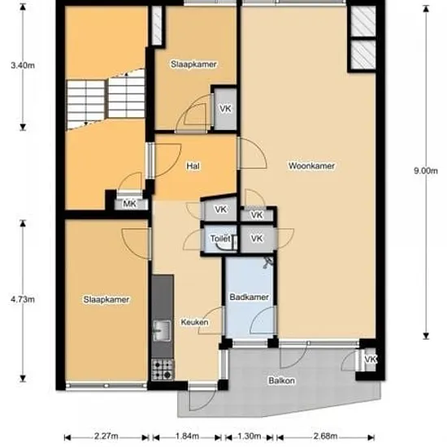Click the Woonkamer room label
[x=311, y=166]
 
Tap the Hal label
[x=193, y=166]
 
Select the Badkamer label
[x=250, y=297]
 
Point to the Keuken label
[x=195, y=322]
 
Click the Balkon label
[x=282, y=380]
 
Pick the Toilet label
[x=220, y=238]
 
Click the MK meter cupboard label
[x=130, y=204]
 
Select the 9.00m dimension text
[x=426, y=171]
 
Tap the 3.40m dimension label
[x=23, y=65]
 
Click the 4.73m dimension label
[x=23, y=299]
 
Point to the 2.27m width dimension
[x=106, y=436]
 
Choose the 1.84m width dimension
[x=187, y=436]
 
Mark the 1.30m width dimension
[x=250, y=436]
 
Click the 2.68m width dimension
[x=326, y=436]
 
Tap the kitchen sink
[x=163, y=331]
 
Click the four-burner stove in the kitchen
[x=163, y=370]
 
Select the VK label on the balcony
[x=371, y=359]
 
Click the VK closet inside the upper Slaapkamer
[x=225, y=109]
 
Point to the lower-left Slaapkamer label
[x=106, y=299]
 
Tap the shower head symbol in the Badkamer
[x=268, y=263]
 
